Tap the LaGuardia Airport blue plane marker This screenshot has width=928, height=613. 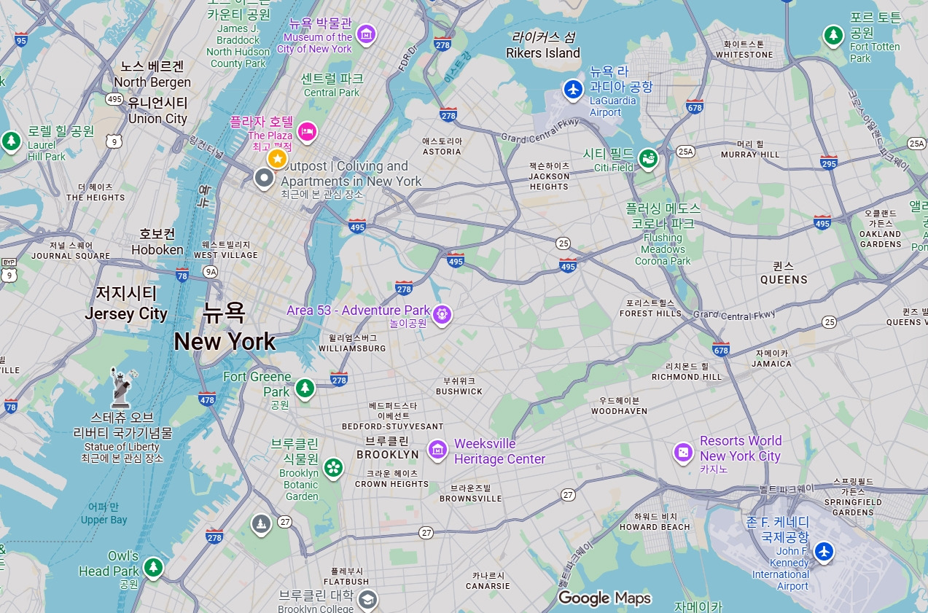(574, 90)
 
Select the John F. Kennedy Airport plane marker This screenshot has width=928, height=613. (824, 551)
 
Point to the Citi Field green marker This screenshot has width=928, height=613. (647, 158)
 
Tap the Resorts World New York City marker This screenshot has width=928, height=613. (683, 453)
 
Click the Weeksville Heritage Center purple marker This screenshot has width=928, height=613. (437, 450)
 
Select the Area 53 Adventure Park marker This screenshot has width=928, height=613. (442, 315)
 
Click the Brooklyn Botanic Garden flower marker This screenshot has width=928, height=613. (333, 466)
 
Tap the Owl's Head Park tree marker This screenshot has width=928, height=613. (152, 566)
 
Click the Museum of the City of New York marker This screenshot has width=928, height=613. (366, 34)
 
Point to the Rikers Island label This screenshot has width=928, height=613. (543, 52)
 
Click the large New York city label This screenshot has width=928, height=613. (225, 340)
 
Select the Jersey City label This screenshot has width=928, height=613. (126, 314)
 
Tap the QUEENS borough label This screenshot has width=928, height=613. (784, 279)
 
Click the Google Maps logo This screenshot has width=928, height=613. (604, 598)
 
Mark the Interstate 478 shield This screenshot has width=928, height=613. (207, 399)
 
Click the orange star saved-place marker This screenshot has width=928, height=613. (277, 158)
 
